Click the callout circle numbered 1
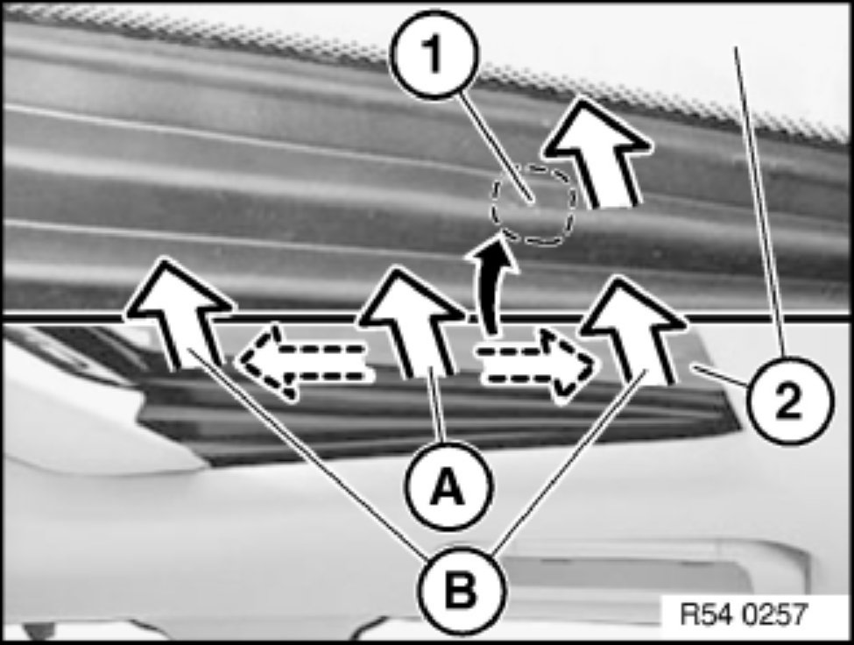point(434,54)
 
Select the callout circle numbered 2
point(789,401)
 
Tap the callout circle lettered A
point(448,485)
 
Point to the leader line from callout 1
point(497,148)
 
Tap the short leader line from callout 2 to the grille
point(720,376)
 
